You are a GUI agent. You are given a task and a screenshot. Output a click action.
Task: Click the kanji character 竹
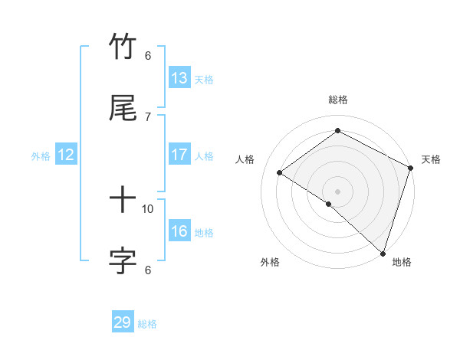(x=123, y=47)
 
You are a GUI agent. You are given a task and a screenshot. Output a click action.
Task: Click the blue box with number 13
(x=179, y=78)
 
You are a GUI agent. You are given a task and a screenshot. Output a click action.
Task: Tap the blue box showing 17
(x=179, y=155)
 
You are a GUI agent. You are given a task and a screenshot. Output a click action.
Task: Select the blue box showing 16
(x=179, y=231)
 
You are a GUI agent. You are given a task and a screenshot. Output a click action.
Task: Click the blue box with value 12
(x=66, y=155)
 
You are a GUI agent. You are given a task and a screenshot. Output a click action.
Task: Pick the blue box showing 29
(x=123, y=322)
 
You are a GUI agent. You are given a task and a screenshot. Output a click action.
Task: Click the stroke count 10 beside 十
(x=148, y=208)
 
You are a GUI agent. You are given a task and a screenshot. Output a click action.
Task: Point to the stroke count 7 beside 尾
(x=148, y=116)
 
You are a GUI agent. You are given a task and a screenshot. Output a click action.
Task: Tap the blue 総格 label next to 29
(x=147, y=324)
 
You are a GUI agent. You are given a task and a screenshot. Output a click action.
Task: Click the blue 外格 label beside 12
(x=41, y=156)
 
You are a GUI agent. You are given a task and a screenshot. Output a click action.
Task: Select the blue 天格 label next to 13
(x=204, y=80)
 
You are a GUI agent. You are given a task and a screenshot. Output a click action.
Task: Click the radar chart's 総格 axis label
(x=337, y=100)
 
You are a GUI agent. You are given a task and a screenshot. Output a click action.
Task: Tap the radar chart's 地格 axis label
(x=402, y=262)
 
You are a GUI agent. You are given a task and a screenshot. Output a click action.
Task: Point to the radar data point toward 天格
(x=411, y=168)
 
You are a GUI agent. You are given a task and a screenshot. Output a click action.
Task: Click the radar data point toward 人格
(x=280, y=172)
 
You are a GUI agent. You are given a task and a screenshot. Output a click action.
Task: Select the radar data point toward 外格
(x=329, y=204)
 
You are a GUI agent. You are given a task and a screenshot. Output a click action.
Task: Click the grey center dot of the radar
(x=337, y=191)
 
